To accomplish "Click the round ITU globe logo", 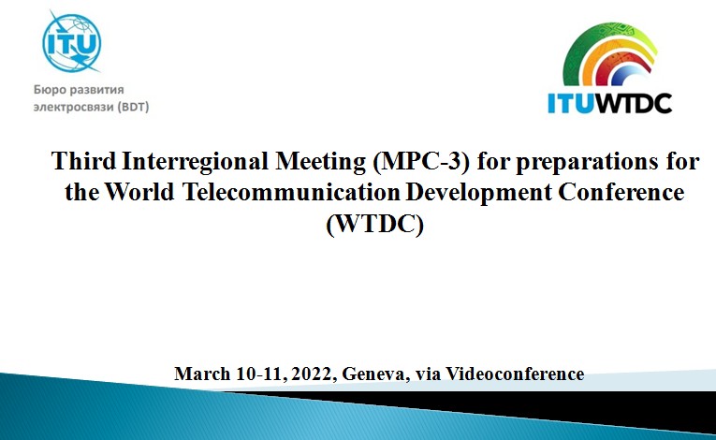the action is pyautogui.click(x=72, y=43).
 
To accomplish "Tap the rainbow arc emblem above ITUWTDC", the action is pyautogui.click(x=609, y=54).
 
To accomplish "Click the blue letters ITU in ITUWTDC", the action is pyautogui.click(x=570, y=103).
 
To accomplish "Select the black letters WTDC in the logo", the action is pyautogui.click(x=633, y=103).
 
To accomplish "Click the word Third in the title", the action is pyautogui.click(x=83, y=161).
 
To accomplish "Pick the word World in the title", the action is pyautogui.click(x=139, y=192).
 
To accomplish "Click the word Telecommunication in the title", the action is pyautogui.click(x=291, y=192).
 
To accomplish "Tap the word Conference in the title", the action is pyautogui.click(x=621, y=192).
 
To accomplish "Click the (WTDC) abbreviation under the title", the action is pyautogui.click(x=375, y=224).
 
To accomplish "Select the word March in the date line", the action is pyautogui.click(x=202, y=374).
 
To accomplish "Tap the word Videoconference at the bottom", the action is pyautogui.click(x=515, y=374).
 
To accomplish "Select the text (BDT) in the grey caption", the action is pyautogui.click(x=133, y=107).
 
